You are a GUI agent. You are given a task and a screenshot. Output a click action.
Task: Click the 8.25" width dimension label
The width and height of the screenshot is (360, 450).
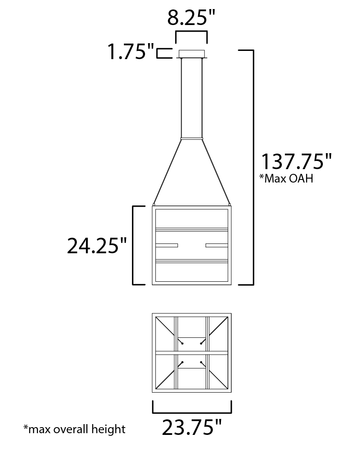[x=191, y=18]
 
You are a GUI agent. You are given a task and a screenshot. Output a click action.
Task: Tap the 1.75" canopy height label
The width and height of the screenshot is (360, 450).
[x=131, y=52]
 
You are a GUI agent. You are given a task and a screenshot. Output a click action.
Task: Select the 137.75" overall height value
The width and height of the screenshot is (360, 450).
[x=296, y=161]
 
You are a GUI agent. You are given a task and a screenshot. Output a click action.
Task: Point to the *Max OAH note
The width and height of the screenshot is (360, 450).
[x=286, y=178]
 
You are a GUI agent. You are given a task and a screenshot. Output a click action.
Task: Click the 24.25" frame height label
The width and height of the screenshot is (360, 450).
[x=97, y=245]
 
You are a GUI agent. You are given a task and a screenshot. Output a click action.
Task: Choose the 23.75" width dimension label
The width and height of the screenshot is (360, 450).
[x=192, y=427]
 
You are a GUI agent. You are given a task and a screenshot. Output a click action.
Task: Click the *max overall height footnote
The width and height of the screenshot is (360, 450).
[x=74, y=429]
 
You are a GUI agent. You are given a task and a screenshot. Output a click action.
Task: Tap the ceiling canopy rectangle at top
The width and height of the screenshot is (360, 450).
[x=192, y=54]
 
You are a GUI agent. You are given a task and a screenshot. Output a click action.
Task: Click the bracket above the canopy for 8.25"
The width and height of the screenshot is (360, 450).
[x=192, y=31]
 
